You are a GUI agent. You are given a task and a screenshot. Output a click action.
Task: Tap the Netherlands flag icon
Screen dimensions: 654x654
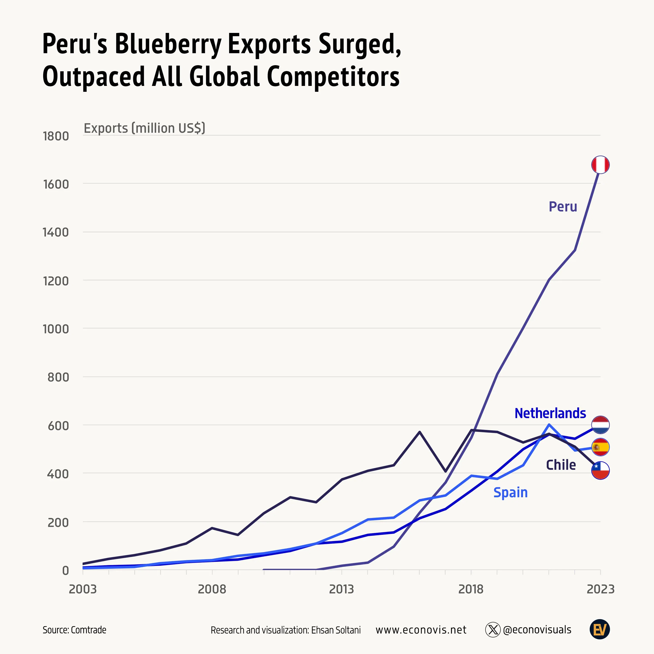[600, 425]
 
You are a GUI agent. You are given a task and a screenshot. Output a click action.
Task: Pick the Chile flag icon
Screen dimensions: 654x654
[600, 470]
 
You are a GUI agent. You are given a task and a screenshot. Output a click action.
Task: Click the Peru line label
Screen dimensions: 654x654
[563, 206]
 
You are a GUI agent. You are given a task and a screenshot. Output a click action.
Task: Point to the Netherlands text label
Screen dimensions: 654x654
[550, 413]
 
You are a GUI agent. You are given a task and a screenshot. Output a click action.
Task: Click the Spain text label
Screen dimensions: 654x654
[510, 492]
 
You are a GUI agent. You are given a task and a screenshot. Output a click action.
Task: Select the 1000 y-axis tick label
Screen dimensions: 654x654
[56, 329]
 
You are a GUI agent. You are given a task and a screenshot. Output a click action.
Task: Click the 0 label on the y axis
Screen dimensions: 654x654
[65, 571]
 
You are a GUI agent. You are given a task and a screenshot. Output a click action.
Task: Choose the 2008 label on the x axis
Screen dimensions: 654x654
[212, 589]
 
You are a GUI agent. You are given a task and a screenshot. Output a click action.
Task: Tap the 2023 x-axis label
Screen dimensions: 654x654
[600, 589]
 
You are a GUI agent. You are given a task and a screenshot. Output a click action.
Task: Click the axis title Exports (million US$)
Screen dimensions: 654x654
[144, 128]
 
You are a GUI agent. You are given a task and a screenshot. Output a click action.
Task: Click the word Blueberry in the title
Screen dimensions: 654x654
[168, 44]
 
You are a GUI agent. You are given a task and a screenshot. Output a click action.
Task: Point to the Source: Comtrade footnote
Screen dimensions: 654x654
[75, 630]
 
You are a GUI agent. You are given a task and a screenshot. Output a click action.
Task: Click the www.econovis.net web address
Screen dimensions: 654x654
[421, 630]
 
